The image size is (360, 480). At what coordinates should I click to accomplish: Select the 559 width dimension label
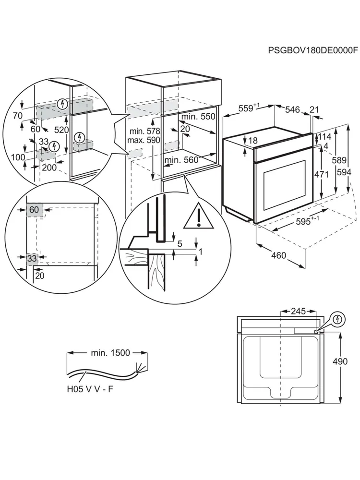246,109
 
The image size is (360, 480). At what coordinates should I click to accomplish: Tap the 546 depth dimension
292,110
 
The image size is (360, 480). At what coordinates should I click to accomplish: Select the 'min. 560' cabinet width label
181,160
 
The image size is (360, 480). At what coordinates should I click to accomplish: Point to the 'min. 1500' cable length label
111,353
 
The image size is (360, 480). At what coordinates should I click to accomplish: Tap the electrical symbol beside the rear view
338,319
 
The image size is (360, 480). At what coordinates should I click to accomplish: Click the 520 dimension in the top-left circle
62,130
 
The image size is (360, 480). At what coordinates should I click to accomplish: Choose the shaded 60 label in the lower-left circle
34,210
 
